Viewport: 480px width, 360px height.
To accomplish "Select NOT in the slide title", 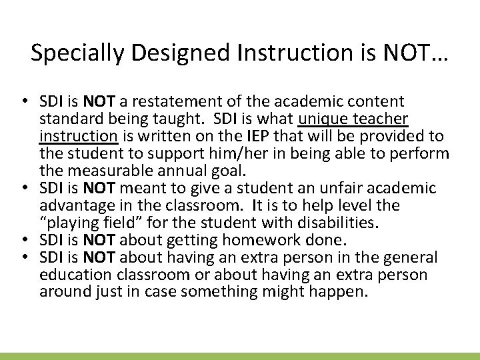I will pyautogui.click(x=413, y=53).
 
